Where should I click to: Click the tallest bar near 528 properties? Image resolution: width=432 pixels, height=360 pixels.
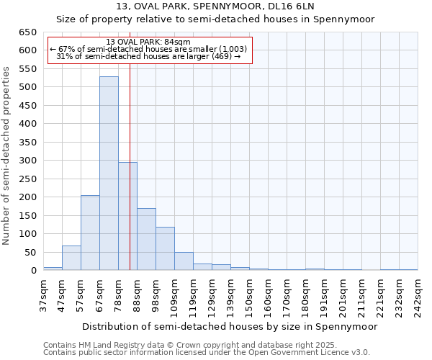[x=109, y=174]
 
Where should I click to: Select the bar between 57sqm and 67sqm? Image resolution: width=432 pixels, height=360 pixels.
[x=90, y=233]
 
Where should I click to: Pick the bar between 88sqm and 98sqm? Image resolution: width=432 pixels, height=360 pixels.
[x=146, y=239]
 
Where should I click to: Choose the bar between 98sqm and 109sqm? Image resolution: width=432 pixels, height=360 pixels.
[x=165, y=248]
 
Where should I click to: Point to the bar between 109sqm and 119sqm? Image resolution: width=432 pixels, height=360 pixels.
[x=184, y=261]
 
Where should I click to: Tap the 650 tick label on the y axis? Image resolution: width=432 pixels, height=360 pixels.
[x=27, y=32]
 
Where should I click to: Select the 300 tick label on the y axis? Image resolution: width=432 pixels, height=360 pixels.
[x=27, y=161]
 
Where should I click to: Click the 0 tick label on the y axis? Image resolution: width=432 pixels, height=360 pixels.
[x=33, y=271]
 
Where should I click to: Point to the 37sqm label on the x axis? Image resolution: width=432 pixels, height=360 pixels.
[x=44, y=294]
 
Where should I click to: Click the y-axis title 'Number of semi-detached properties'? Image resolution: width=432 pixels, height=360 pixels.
[x=6, y=156]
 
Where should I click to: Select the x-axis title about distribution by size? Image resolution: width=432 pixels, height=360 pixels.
[x=230, y=326]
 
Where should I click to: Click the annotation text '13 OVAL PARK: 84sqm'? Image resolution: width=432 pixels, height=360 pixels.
[x=148, y=42]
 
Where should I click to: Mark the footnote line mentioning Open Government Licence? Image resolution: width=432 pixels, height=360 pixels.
[x=207, y=353]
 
